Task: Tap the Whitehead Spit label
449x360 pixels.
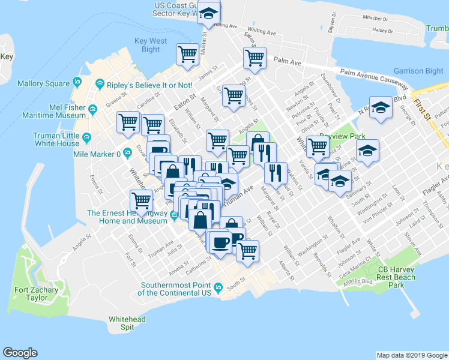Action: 127,323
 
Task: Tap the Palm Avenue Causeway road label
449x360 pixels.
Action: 373,76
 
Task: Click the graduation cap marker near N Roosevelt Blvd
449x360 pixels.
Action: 380,107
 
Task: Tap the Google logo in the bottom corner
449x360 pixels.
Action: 20,353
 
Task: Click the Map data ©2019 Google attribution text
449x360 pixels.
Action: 412,355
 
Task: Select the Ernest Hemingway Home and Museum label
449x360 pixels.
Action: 127,217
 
